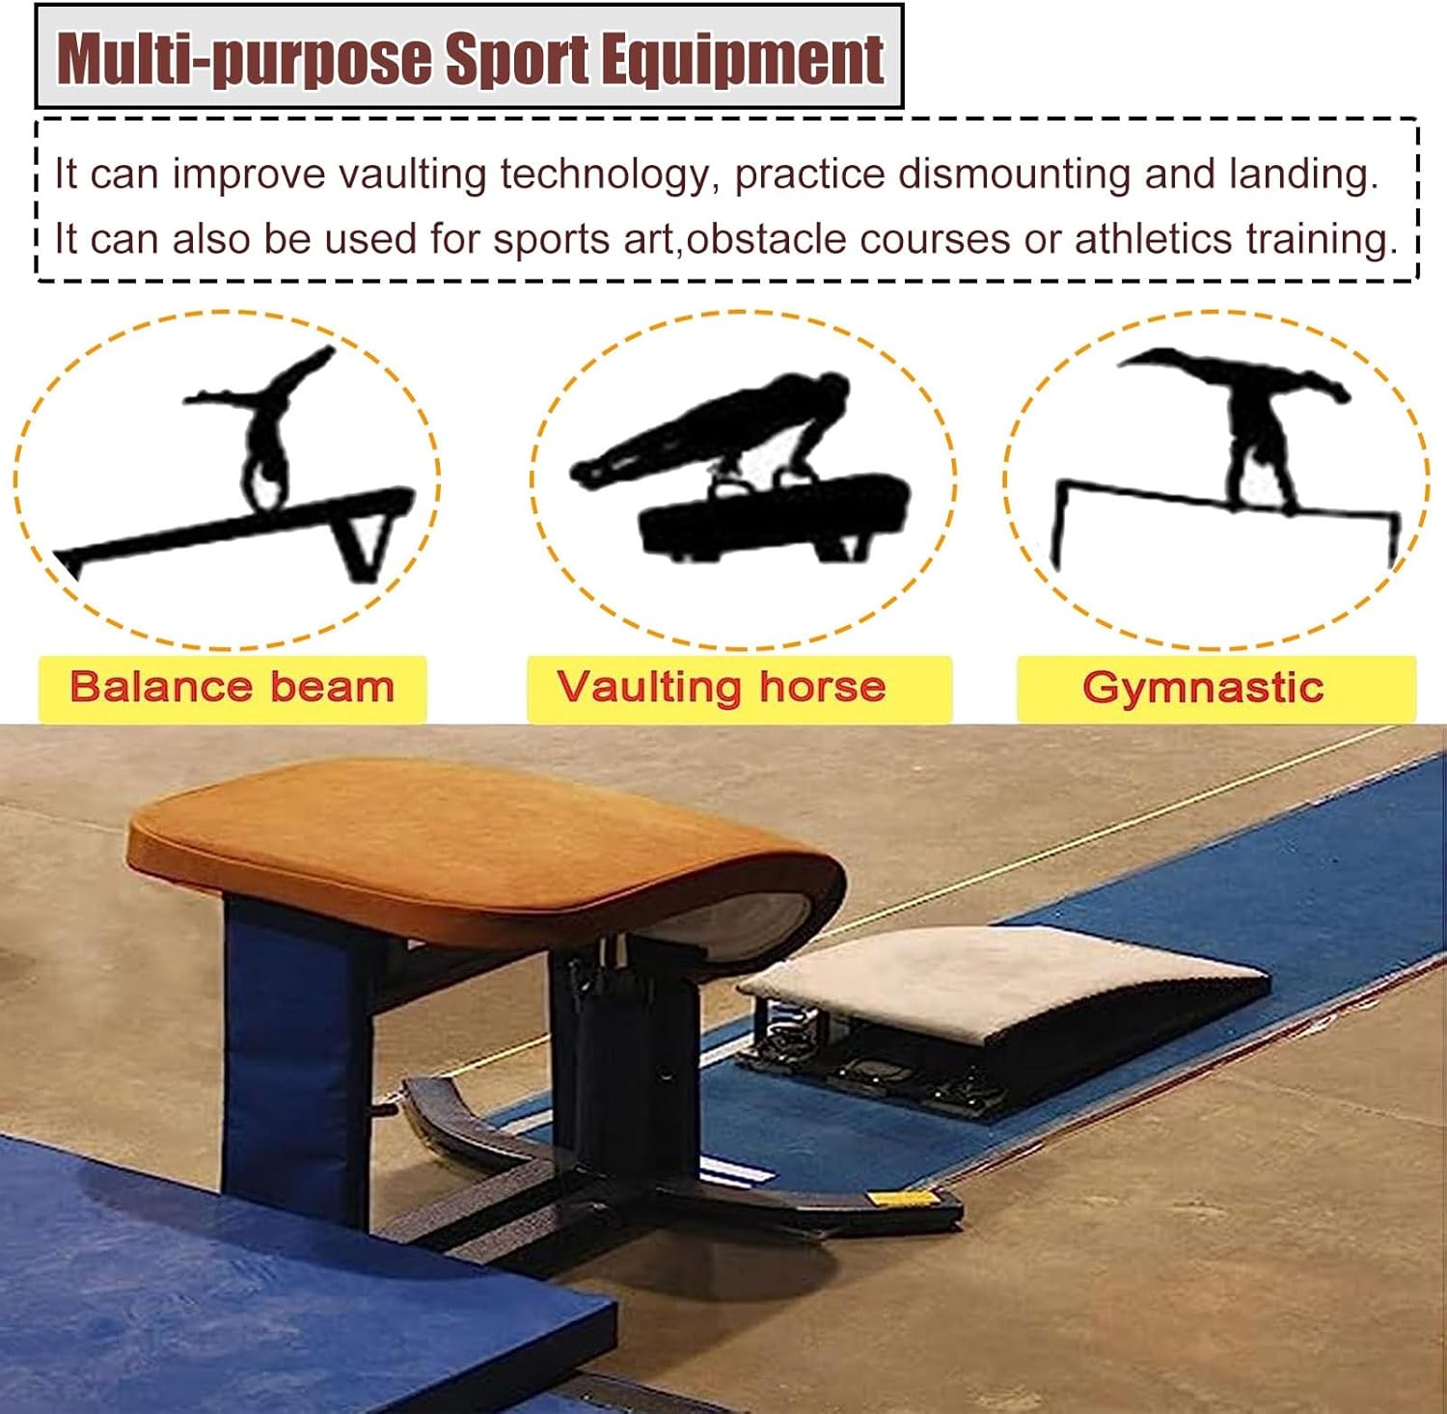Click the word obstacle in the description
[x=766, y=239]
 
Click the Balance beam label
[x=232, y=688]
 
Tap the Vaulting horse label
[x=721, y=688]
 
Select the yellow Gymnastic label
[x=1203, y=688]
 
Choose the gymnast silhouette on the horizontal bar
[x=1254, y=415]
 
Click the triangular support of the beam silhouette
[x=367, y=545]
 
